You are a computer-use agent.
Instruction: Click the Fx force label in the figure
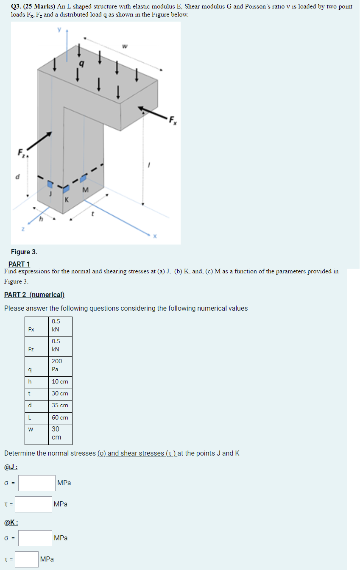pos(172,120)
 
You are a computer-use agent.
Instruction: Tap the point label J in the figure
pos(50,194)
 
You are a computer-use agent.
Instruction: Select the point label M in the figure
pos(86,189)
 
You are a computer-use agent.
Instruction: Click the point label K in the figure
pos(67,199)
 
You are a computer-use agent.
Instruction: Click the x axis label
pos(155,236)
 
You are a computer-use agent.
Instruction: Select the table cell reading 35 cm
pos(60,405)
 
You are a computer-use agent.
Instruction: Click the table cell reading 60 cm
pos(60,417)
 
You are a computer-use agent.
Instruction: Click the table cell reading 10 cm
pos(60,381)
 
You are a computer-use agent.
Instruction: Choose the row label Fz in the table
pos(31,349)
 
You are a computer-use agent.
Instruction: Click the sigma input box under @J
pos(37,483)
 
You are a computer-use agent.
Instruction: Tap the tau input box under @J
pos(35,504)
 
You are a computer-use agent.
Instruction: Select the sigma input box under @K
pos(35,538)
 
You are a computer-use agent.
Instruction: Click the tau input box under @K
pos(28,559)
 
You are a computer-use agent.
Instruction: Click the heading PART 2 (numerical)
pos(34,295)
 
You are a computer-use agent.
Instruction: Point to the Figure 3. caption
pos(24,252)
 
